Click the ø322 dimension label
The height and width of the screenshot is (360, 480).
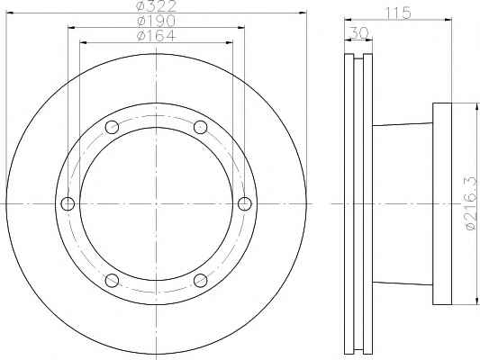pos(157,6)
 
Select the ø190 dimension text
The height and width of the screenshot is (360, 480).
pos(157,21)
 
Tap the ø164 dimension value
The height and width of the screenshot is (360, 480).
pos(157,36)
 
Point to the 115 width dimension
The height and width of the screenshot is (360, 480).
pos(398,13)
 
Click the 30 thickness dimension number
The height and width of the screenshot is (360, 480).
pos(358,32)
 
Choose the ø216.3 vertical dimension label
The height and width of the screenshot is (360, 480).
pos(471,202)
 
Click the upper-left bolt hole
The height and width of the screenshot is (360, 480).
pos(112,127)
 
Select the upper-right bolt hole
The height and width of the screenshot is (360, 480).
pos(201,127)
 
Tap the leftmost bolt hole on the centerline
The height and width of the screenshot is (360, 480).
pos(68,203)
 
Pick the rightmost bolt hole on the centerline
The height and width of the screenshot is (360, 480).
pos(245,203)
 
